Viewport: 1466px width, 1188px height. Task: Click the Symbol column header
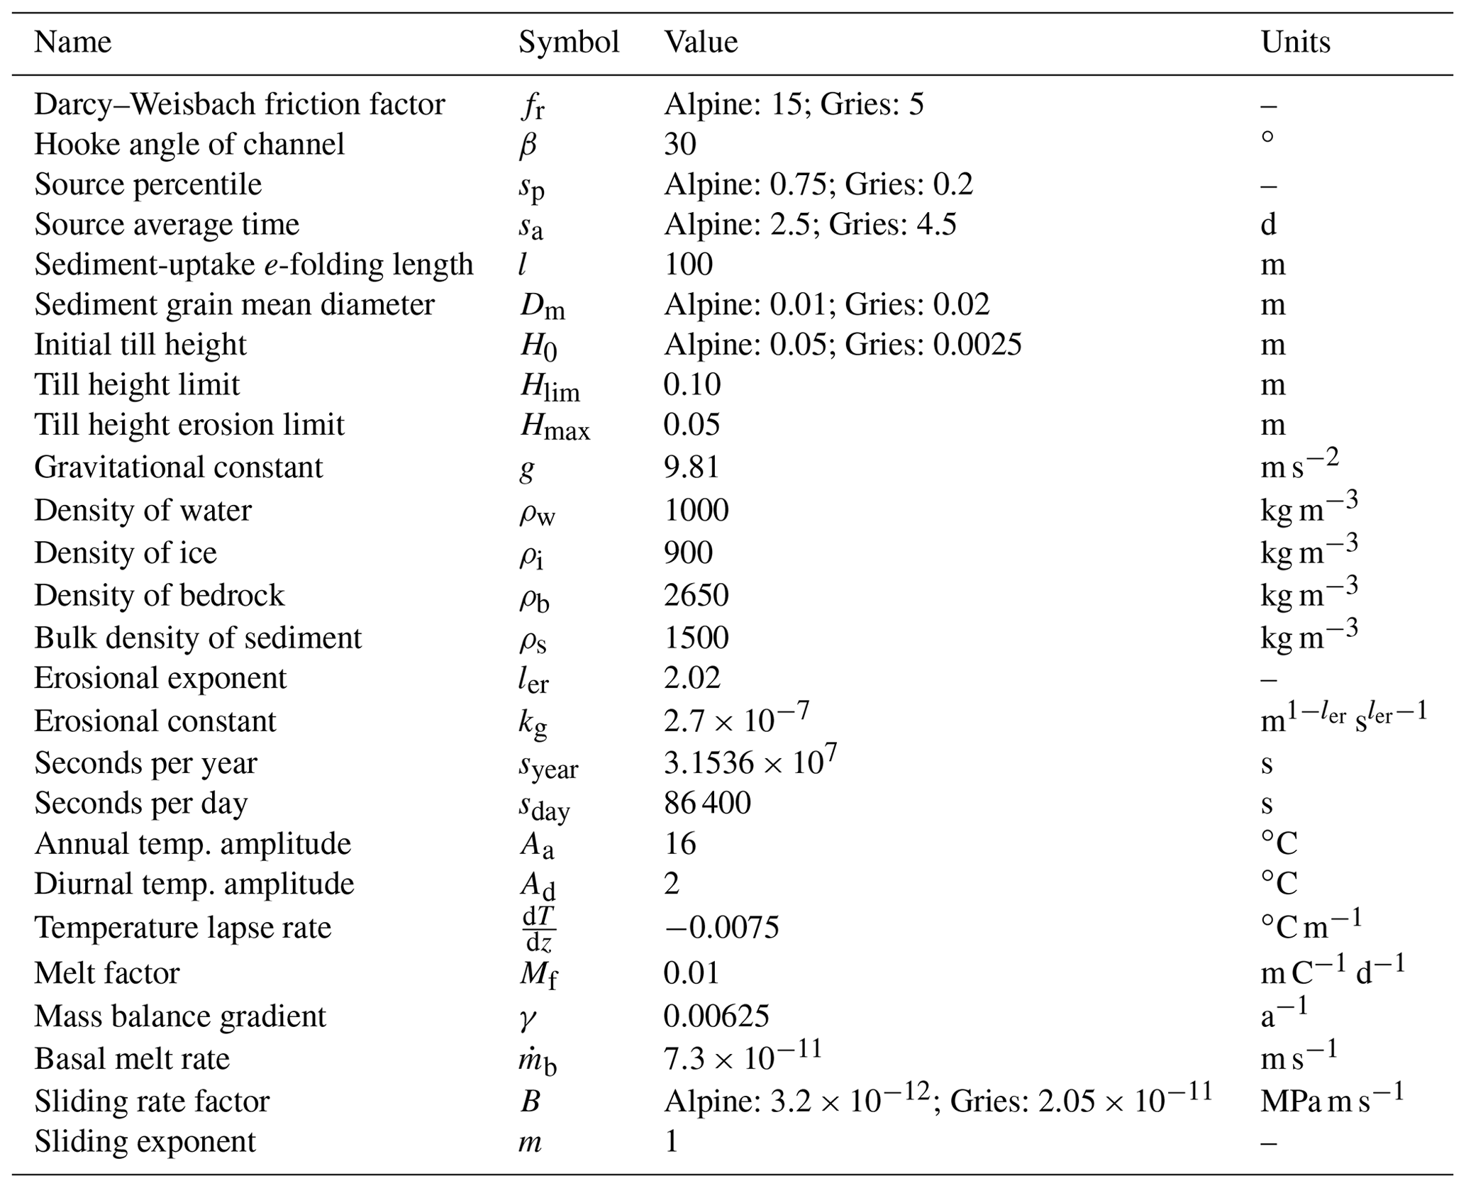(x=569, y=43)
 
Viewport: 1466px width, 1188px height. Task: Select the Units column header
(x=1295, y=43)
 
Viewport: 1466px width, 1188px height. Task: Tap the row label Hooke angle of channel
(x=189, y=145)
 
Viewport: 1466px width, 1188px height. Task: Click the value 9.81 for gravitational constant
(x=692, y=467)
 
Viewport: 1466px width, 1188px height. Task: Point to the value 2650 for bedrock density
(x=696, y=595)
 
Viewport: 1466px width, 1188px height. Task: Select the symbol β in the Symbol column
(x=528, y=145)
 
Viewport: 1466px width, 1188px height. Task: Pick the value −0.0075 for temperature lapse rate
(x=721, y=928)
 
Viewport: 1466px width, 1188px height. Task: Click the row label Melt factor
(x=107, y=972)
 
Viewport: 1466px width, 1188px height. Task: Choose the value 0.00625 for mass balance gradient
(x=716, y=1016)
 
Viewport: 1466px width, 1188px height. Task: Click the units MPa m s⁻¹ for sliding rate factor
(x=1332, y=1100)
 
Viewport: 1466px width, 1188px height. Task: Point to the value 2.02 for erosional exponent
(x=692, y=678)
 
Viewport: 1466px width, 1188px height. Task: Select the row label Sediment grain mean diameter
(x=234, y=305)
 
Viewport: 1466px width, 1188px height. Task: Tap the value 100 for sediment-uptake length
(x=688, y=265)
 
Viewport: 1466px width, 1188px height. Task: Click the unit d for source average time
(x=1268, y=225)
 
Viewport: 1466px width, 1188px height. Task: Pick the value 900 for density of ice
(x=688, y=553)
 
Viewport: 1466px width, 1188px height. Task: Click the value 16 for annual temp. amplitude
(x=679, y=844)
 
